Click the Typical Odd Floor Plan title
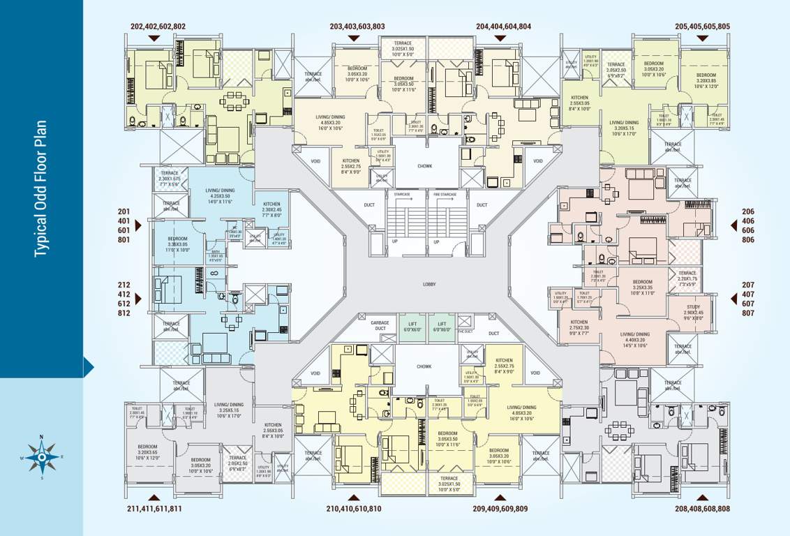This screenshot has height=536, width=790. [x=42, y=188]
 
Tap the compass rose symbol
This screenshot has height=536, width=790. [x=42, y=458]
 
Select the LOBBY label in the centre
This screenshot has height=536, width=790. [x=428, y=285]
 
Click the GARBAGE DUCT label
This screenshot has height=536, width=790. [x=380, y=325]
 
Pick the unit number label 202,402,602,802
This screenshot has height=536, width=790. [x=158, y=27]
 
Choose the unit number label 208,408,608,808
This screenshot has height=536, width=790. [x=702, y=509]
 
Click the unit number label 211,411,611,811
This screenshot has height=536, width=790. [x=155, y=509]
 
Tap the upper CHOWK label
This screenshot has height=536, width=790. [x=425, y=166]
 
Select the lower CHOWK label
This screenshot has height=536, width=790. [x=424, y=366]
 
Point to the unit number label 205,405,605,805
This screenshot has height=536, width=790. [x=702, y=27]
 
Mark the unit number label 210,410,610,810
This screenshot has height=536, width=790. [x=354, y=509]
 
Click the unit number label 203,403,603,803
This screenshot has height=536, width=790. [x=357, y=27]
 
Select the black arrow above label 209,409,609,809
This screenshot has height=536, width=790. [x=500, y=497]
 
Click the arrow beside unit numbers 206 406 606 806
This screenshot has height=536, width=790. [x=735, y=225]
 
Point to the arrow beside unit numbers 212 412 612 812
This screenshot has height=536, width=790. [x=139, y=299]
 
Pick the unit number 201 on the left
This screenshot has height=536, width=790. [x=124, y=211]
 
